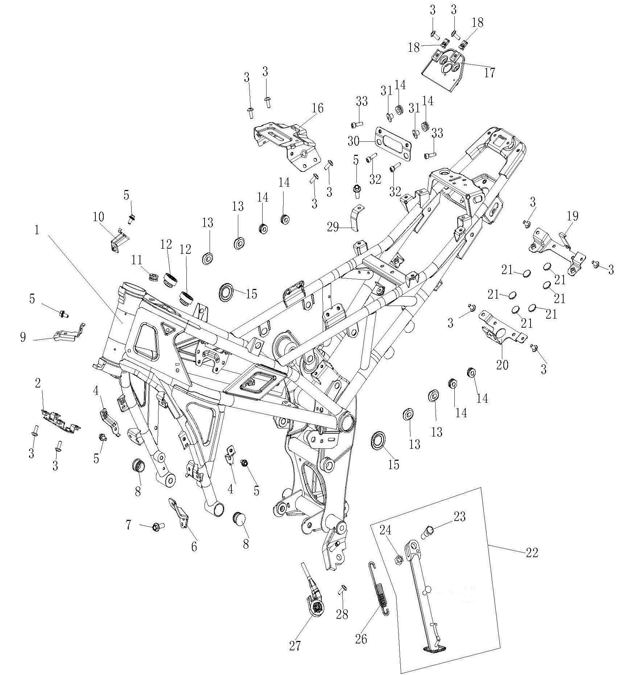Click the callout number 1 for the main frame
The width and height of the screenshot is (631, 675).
[x=37, y=231]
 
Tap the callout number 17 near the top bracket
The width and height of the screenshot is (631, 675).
[x=489, y=73]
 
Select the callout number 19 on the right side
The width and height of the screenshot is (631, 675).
[x=573, y=216]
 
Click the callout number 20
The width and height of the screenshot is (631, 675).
[x=503, y=365]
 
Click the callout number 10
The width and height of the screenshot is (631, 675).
[x=98, y=218]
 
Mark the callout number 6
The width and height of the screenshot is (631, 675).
[x=194, y=546]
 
